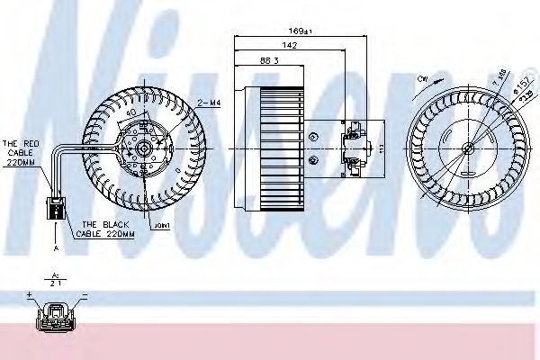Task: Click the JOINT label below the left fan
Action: point(162,226)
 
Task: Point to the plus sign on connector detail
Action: point(29,294)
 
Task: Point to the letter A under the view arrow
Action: point(55,246)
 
